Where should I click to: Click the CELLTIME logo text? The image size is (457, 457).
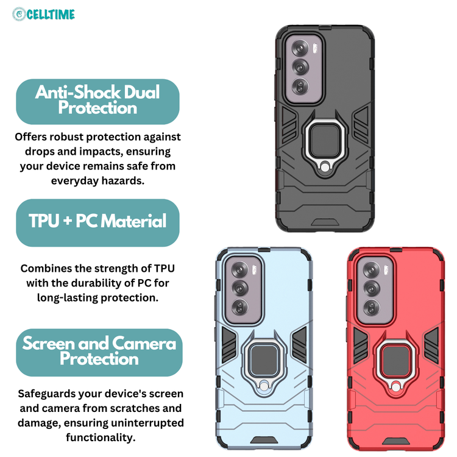point(51,14)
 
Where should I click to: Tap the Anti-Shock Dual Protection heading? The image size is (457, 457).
point(97,100)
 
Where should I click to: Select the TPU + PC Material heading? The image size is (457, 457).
point(97,221)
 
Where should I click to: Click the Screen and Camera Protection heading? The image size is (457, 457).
point(99,350)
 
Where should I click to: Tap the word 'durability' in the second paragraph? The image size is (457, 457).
point(100,283)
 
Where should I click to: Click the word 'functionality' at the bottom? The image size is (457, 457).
point(99,438)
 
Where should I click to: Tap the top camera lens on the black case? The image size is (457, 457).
point(300,49)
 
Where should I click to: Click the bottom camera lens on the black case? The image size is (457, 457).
point(300,87)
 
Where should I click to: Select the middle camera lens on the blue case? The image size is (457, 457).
point(240,289)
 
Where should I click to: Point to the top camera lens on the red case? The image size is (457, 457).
point(372,270)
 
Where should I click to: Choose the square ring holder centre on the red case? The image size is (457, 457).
point(396,361)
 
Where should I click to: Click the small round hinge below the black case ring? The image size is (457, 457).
point(325,168)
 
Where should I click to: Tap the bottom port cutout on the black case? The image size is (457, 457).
point(325,222)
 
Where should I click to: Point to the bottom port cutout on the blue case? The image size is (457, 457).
point(264,439)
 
